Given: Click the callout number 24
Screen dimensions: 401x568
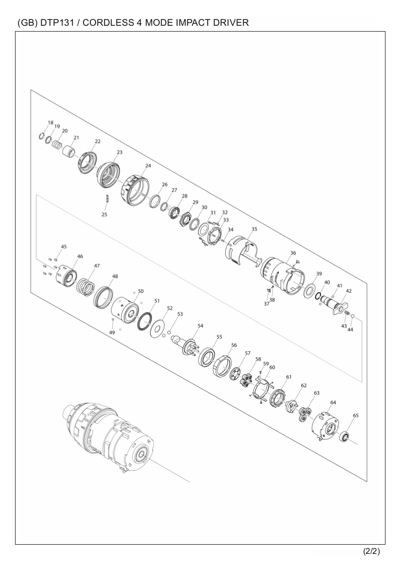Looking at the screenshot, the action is click(x=148, y=166).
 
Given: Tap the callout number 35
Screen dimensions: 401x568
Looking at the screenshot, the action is click(x=254, y=229).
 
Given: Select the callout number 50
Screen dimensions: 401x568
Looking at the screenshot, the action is click(x=141, y=291).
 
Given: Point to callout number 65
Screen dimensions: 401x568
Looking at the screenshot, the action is click(x=356, y=415).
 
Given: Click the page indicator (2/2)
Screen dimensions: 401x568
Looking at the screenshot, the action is click(x=372, y=551).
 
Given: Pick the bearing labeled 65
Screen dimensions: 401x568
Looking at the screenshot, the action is click(x=344, y=437).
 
